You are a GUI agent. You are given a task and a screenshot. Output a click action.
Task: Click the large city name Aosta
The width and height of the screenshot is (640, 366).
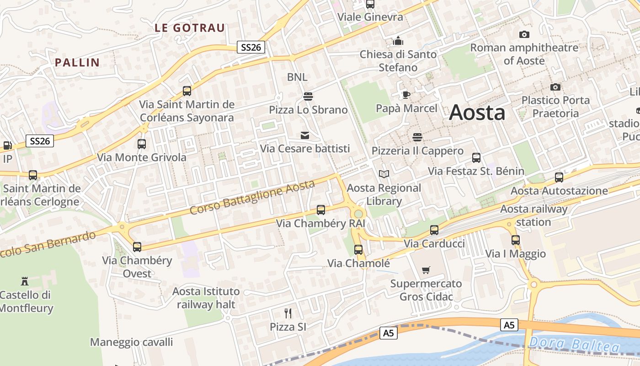click(477, 113)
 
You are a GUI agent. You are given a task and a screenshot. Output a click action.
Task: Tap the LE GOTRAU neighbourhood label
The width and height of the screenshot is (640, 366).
click(190, 28)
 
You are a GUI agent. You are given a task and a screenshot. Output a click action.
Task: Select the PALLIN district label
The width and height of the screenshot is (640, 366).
click(77, 63)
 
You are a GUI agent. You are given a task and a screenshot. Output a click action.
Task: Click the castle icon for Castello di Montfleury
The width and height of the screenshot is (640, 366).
click(25, 281)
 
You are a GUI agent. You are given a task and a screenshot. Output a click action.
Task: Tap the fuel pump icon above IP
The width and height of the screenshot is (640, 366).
click(7, 145)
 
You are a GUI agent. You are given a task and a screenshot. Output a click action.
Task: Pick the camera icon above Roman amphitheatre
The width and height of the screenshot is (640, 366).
click(524, 34)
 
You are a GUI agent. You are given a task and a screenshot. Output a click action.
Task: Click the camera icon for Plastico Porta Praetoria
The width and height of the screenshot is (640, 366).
click(555, 87)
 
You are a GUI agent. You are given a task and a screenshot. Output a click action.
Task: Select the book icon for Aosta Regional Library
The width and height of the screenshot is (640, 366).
click(384, 174)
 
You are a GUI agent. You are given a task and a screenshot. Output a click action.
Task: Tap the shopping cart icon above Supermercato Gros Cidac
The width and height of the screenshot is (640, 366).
click(426, 270)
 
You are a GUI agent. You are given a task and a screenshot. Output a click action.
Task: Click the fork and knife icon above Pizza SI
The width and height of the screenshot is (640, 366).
click(288, 313)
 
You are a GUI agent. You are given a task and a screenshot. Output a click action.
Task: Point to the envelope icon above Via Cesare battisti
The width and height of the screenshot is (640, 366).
click(305, 135)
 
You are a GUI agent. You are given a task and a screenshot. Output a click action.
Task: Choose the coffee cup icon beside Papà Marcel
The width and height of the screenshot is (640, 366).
click(405, 95)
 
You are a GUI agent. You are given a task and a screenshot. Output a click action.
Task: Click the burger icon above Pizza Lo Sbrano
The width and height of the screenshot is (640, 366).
click(308, 96)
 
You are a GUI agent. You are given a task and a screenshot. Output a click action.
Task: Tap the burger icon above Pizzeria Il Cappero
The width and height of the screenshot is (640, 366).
click(417, 137)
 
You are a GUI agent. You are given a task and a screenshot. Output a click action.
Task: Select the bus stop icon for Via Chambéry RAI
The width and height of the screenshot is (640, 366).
click(321, 210)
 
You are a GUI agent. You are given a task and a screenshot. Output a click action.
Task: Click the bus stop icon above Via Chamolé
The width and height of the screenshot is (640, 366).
click(358, 250)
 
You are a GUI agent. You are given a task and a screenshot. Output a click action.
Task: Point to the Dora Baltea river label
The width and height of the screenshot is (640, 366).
click(574, 344)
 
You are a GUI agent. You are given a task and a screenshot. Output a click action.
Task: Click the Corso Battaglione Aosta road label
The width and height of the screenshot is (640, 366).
click(252, 197)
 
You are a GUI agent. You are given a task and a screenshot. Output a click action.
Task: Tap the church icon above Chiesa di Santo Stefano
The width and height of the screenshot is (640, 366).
click(398, 41)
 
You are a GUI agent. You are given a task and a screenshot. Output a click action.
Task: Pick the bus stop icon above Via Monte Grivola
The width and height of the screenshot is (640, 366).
click(142, 144)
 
